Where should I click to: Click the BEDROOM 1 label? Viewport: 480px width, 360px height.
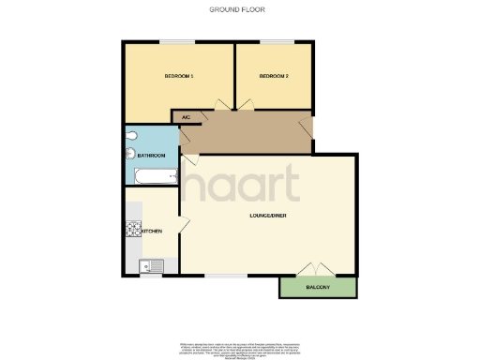coord(179,75)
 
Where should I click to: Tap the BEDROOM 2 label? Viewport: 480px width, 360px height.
coord(273,75)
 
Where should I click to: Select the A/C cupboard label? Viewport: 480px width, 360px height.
coord(186,117)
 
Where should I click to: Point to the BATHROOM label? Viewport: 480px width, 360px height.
coord(152,155)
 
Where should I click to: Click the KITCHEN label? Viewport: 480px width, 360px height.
coord(152,231)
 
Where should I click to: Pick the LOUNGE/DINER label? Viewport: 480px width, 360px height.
coord(267,216)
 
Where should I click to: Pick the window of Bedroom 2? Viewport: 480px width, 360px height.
coord(274,40)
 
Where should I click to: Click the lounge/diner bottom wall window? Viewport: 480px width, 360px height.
coord(220,276)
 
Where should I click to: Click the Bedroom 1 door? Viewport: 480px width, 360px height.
coord(223,104)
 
